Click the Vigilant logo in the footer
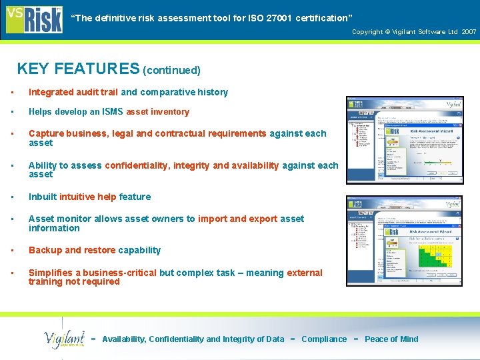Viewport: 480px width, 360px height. [65, 339]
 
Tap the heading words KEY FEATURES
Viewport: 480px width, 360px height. [78, 69]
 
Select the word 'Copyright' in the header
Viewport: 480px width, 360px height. [367, 32]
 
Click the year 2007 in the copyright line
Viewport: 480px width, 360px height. [469, 32]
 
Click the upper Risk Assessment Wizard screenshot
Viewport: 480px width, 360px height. [404, 140]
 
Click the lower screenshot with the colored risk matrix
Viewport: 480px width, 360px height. [404, 241]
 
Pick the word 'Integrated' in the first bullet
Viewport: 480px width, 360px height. [51, 92]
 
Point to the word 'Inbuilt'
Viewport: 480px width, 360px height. [43, 197]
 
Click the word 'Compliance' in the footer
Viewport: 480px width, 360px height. [324, 339]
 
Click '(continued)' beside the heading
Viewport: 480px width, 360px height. [172, 70]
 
